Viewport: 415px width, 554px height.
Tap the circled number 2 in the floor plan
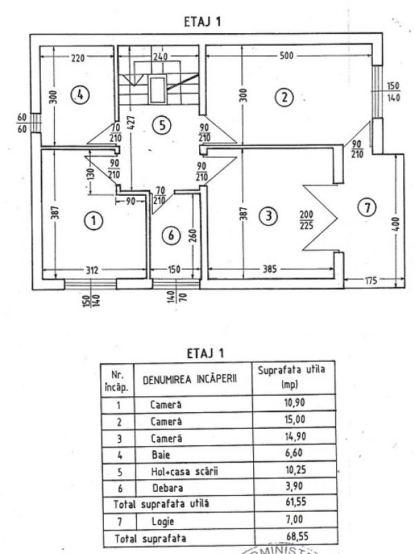pos(282,97)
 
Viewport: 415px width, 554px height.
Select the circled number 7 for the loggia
pos(368,205)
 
